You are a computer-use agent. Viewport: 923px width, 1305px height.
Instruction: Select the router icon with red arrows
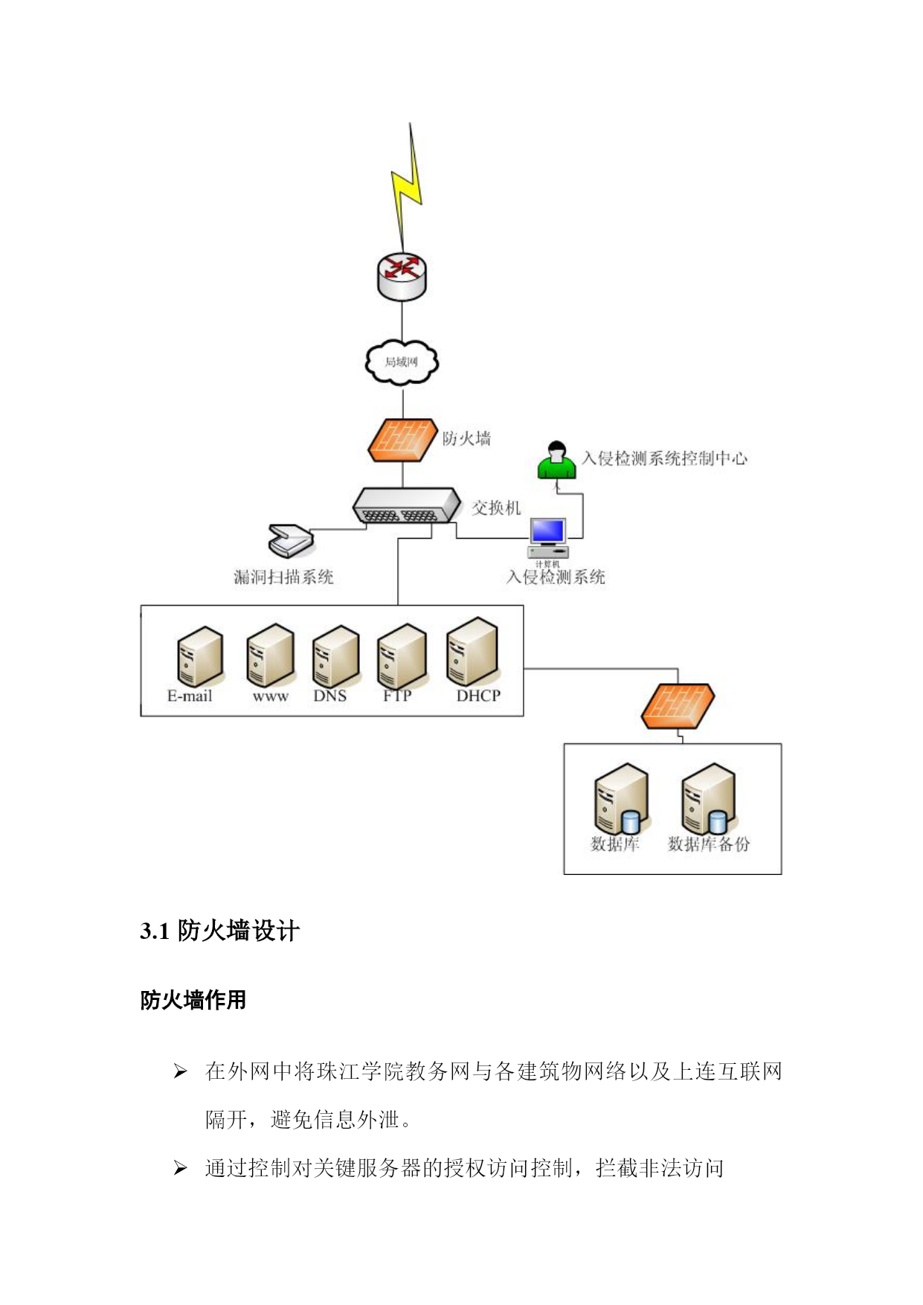coord(402,276)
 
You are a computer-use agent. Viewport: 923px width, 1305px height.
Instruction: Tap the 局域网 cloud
coord(402,362)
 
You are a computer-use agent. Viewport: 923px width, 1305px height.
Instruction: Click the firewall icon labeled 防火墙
coord(402,440)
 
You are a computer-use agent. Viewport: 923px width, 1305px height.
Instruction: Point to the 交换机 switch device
coord(407,506)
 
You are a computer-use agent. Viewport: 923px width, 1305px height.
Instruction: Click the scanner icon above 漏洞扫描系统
coord(291,541)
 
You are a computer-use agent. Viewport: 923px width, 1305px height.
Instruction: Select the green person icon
coord(556,461)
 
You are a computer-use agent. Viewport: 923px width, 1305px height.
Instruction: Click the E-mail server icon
coord(200,656)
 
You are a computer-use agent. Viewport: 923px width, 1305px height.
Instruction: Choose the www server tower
coord(271,655)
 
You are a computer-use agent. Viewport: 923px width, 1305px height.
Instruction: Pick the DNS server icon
coord(336,656)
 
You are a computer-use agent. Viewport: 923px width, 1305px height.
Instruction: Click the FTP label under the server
coord(397,696)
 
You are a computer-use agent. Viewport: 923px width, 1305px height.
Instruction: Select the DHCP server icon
coord(472,652)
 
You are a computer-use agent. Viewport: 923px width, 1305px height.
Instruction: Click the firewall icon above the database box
coord(678,706)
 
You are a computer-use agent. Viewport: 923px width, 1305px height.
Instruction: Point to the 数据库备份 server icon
coord(709,798)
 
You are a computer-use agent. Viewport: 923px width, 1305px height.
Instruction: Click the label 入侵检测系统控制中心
coord(664,458)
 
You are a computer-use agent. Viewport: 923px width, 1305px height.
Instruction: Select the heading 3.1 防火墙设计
coord(219,931)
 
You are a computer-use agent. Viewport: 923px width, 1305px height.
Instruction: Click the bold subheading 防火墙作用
coord(193,1000)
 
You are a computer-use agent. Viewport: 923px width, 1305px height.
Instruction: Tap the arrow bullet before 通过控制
coord(180,1168)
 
